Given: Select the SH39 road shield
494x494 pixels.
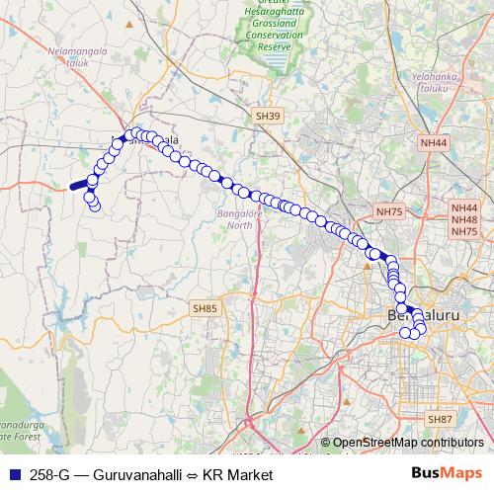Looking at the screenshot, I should pos(268,116).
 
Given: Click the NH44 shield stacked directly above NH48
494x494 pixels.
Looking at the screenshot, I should pos(463,208).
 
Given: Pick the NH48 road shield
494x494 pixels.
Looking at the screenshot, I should pos(463,220).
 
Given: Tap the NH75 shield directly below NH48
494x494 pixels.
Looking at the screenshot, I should pos(463,232).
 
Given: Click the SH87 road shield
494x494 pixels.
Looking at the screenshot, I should pos(442,420).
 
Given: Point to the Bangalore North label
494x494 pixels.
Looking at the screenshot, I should pos(235,218).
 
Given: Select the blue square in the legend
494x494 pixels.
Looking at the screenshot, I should pos(15,475).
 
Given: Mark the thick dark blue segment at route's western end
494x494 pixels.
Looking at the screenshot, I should pos(79,184).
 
